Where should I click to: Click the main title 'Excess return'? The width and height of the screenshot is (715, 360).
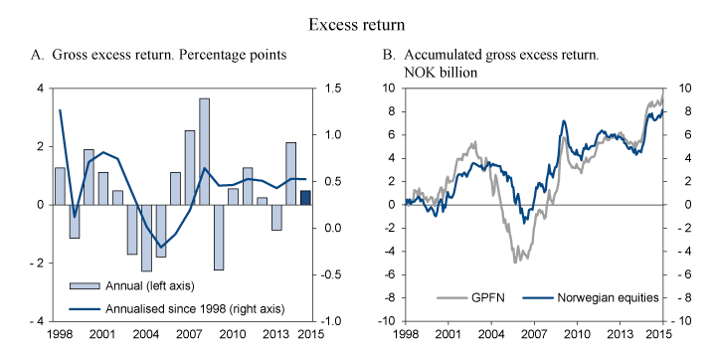357,21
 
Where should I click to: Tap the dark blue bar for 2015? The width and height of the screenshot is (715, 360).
306,197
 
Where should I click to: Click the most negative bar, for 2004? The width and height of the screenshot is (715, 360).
146,237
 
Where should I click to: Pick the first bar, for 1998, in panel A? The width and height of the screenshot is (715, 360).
60,186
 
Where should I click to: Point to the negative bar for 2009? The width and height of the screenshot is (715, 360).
219,237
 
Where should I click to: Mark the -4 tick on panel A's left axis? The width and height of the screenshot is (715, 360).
40,321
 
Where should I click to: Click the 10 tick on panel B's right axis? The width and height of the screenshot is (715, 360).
683,89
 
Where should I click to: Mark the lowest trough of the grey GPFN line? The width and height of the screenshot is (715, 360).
515,262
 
